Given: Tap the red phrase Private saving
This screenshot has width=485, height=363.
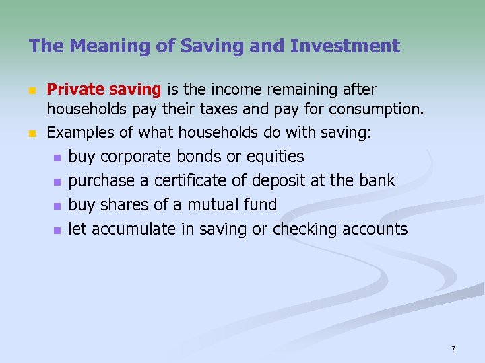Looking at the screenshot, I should (x=104, y=89).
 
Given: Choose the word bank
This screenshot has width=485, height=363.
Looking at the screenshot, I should (x=376, y=181).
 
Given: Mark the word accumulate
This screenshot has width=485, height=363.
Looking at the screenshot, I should (x=134, y=229).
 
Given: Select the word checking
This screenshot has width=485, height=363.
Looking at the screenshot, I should (x=304, y=229).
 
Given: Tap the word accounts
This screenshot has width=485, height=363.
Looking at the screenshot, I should (x=375, y=229).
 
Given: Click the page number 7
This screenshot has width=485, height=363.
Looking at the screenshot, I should (x=453, y=349).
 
